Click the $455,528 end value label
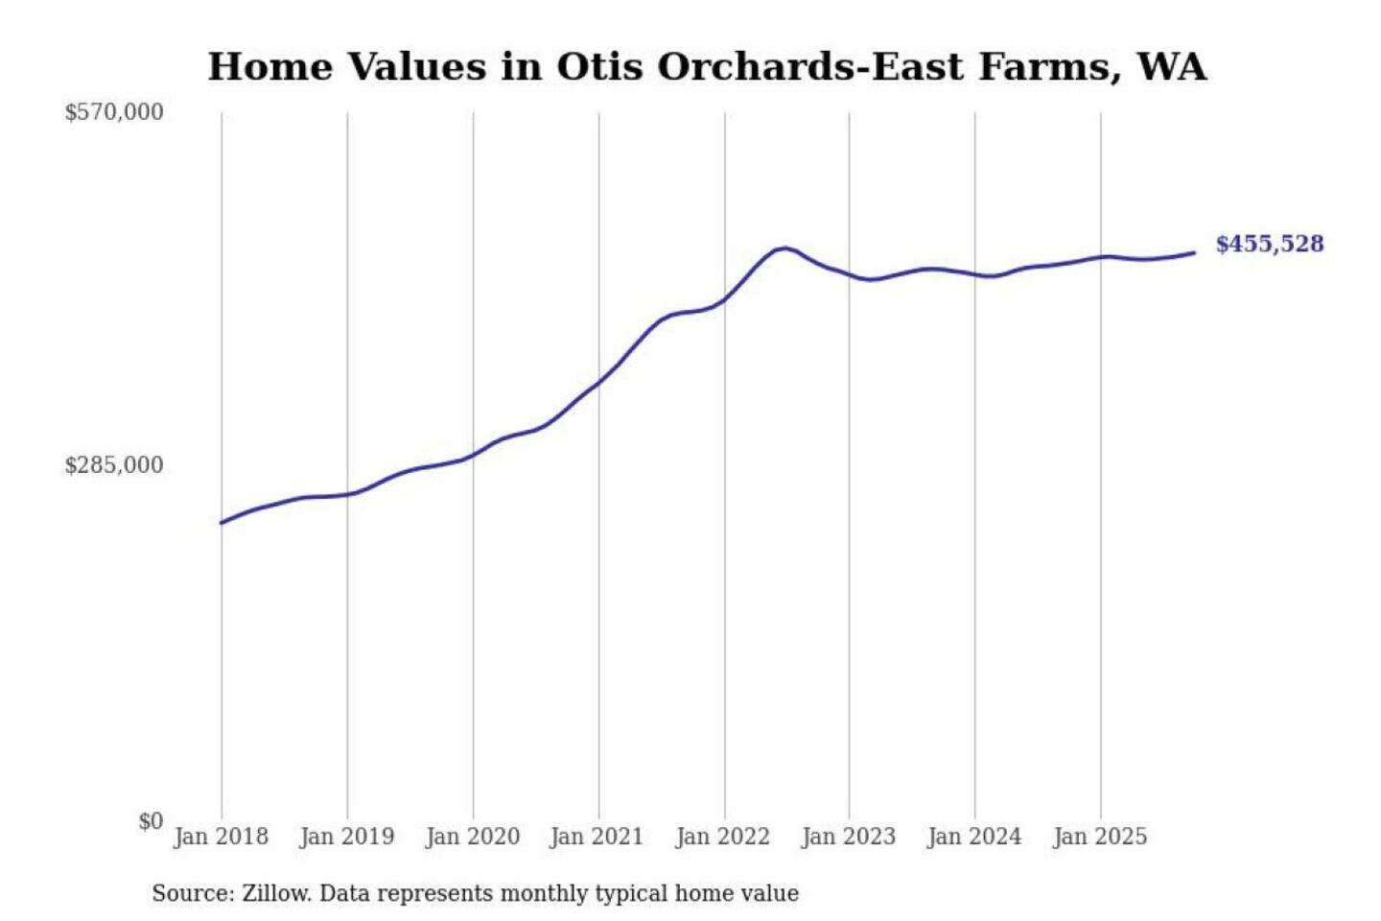tap(1269, 244)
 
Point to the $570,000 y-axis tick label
tap(114, 112)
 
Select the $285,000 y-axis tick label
tap(114, 465)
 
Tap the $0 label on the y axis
tap(151, 821)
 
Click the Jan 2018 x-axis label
tap(222, 837)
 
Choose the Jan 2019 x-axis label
tap(347, 837)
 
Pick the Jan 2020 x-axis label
tap(473, 837)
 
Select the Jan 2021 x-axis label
tap(597, 837)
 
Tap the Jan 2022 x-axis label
tap(723, 837)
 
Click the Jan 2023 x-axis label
tap(849, 837)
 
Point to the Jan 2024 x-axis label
tap(974, 837)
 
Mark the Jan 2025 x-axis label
tap(1100, 837)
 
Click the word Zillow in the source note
tap(276, 893)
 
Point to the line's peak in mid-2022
tap(785, 248)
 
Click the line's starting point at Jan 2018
tap(222, 523)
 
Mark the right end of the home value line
tap(1194, 252)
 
